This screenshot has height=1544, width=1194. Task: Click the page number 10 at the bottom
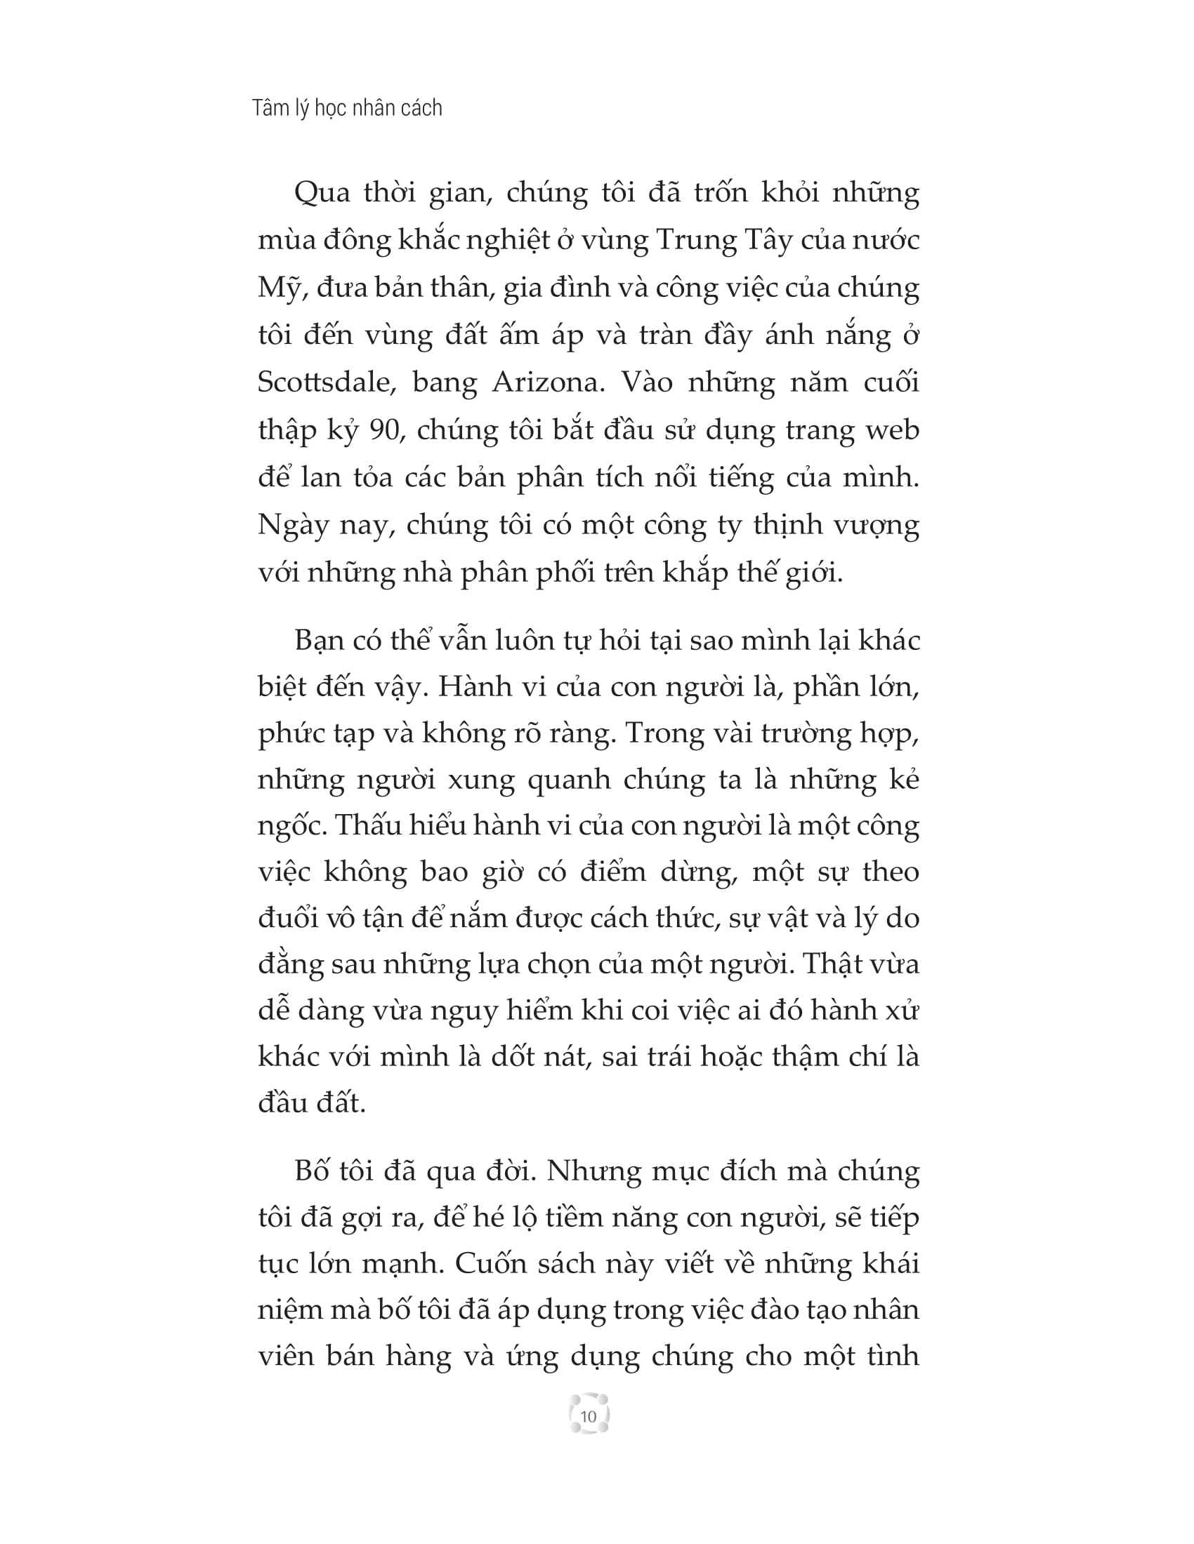588,1417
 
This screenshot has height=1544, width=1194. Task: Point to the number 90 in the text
384,430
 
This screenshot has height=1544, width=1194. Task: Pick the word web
893,430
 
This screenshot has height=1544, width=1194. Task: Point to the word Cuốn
490,1264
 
